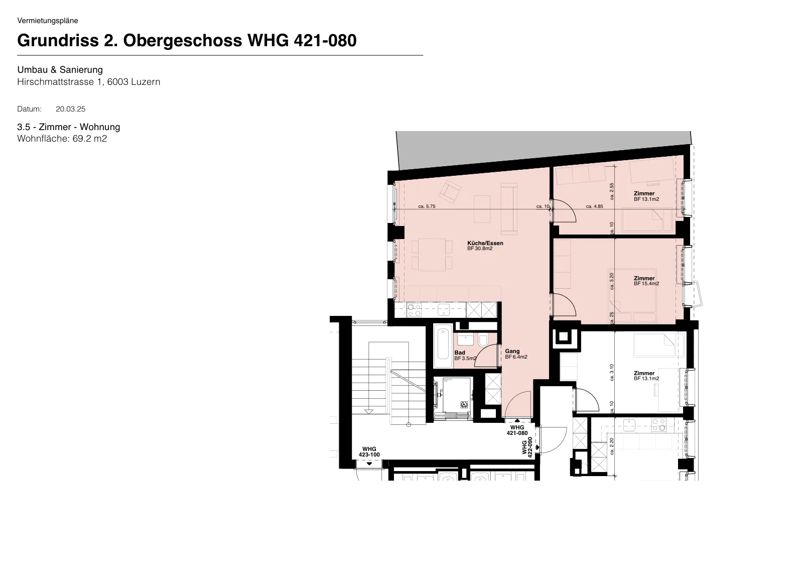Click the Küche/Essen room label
click(x=485, y=243)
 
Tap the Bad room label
click(x=460, y=353)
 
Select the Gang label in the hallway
click(x=512, y=351)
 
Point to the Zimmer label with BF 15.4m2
click(x=644, y=278)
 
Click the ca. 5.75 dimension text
click(x=427, y=206)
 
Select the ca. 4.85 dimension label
click(x=594, y=206)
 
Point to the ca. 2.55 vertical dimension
click(x=612, y=191)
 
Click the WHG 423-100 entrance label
click(x=369, y=452)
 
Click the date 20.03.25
click(x=71, y=109)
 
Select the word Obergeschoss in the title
click(x=183, y=41)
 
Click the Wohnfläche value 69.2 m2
click(x=90, y=139)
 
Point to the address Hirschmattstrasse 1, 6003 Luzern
click(x=88, y=82)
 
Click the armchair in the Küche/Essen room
click(x=451, y=192)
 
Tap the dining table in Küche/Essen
click(x=432, y=255)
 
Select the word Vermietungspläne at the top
click(x=48, y=21)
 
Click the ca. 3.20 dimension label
click(x=612, y=281)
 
